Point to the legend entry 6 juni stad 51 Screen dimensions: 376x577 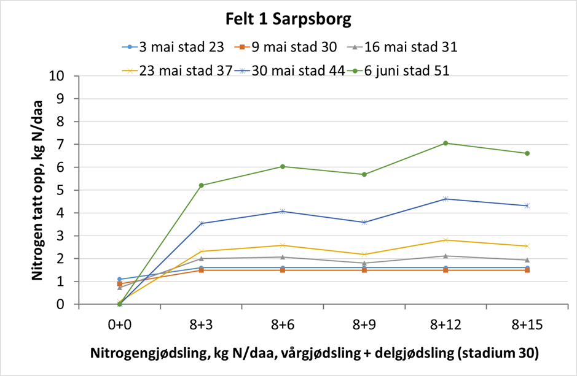pos(399,71)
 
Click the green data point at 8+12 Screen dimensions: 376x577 pos(446,143)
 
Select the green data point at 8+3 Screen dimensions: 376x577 pos(202,185)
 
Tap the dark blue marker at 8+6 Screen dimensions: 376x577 pos(283,211)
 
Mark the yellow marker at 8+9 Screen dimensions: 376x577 pos(364,254)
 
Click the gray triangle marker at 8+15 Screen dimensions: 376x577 pos(527,260)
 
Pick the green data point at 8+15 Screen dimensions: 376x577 pos(527,153)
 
